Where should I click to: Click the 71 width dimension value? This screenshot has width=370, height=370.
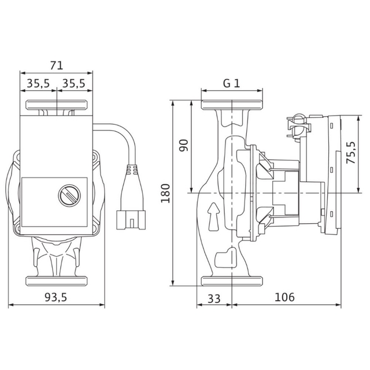[x=57, y=65]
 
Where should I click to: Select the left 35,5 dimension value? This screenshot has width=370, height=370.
[x=38, y=83]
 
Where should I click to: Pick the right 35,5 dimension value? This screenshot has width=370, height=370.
[x=73, y=83]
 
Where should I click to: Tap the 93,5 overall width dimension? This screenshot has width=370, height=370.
[x=56, y=298]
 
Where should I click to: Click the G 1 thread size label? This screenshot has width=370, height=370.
[x=231, y=83]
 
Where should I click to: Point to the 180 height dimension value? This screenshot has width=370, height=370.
[x=165, y=194]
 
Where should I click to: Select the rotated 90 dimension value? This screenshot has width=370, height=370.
[x=184, y=146]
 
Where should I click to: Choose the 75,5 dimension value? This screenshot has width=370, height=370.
[x=351, y=153]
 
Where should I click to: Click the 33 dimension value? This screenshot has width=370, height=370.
[x=214, y=299]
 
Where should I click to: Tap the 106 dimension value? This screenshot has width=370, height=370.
[x=284, y=297]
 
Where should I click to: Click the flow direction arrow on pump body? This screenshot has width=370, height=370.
[x=213, y=216]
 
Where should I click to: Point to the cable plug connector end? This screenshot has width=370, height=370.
[x=131, y=220]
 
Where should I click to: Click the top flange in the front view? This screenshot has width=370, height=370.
[x=57, y=105]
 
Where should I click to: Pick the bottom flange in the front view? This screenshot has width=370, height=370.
[x=57, y=281]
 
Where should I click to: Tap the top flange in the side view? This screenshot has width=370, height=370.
[x=232, y=105]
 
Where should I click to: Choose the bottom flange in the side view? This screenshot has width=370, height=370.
[x=232, y=281]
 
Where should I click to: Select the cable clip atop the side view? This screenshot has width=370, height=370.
[x=298, y=126]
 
